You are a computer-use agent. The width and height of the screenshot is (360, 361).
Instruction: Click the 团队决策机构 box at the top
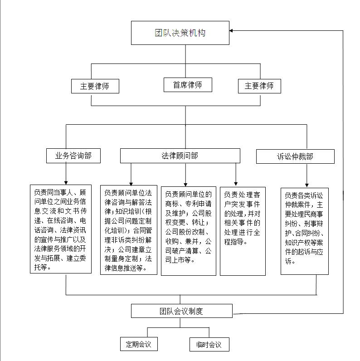pyautogui.click(x=180, y=33)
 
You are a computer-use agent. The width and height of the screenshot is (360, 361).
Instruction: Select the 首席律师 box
pyautogui.click(x=187, y=84)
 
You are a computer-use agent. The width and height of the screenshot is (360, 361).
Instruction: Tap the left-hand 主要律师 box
pyautogui.click(x=95, y=86)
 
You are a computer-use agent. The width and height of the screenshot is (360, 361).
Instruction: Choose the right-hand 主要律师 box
pyautogui.click(x=259, y=86)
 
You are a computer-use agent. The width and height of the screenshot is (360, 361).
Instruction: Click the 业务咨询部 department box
pyautogui.click(x=73, y=156)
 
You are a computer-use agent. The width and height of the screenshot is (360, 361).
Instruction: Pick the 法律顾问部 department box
pyautogui.click(x=180, y=156)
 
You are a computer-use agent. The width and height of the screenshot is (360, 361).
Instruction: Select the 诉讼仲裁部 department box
pyautogui.click(x=295, y=156)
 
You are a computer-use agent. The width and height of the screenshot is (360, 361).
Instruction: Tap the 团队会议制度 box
pyautogui.click(x=181, y=311)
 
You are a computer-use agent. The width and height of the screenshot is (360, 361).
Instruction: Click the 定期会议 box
pyautogui.click(x=138, y=344)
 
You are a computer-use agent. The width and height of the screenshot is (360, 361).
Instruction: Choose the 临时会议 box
pyautogui.click(x=209, y=345)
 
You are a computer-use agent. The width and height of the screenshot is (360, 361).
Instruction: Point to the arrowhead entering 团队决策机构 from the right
pyautogui.click(x=232, y=31)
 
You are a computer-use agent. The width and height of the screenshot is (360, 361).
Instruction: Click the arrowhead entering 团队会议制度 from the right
pyautogui.click(x=235, y=313)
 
